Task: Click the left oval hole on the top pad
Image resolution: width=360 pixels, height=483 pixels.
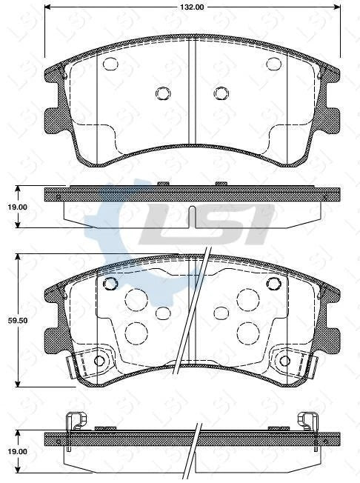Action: (x=111, y=64)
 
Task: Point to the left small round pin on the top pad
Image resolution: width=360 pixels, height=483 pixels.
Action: (x=163, y=93)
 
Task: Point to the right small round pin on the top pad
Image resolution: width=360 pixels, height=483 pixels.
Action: (x=221, y=93)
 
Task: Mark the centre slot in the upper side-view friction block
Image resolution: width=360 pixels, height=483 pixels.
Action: (x=192, y=216)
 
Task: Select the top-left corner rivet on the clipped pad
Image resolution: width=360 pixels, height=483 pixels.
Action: (x=110, y=284)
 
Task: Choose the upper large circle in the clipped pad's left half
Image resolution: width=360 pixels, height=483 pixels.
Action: (x=136, y=299)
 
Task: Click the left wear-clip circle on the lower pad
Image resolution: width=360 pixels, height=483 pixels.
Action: (x=100, y=362)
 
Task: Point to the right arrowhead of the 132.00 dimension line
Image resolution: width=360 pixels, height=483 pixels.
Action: (x=338, y=7)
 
